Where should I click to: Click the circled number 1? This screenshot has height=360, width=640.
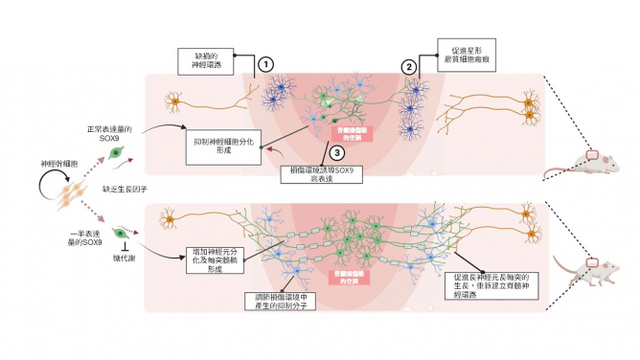coord(266,63)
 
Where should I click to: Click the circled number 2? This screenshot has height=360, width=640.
coord(410,67)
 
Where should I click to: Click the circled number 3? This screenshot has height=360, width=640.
coord(335,152)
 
